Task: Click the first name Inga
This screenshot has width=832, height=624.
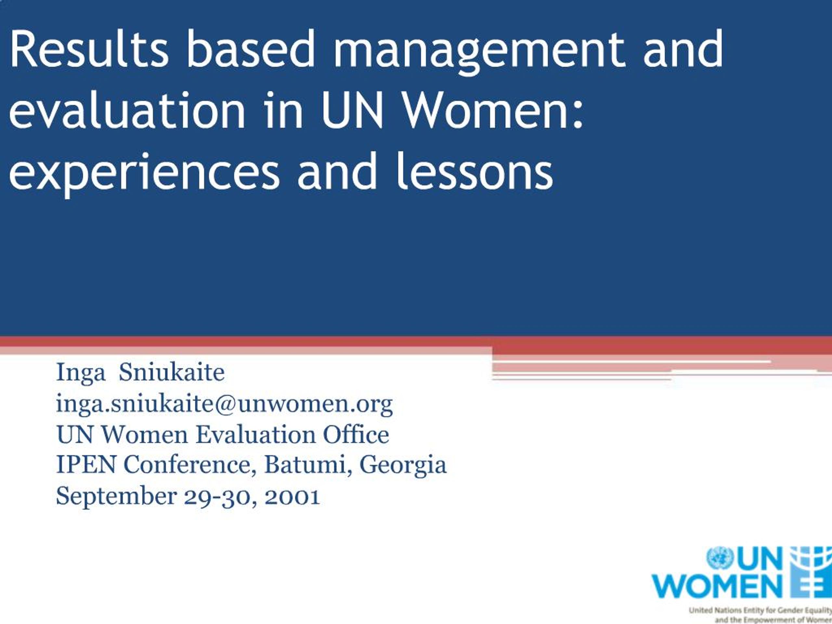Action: (x=81, y=373)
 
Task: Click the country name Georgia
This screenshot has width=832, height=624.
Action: (x=403, y=465)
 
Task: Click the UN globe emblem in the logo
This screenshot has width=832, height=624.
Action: (x=720, y=558)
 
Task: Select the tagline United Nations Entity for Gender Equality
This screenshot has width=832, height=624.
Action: (x=760, y=610)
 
